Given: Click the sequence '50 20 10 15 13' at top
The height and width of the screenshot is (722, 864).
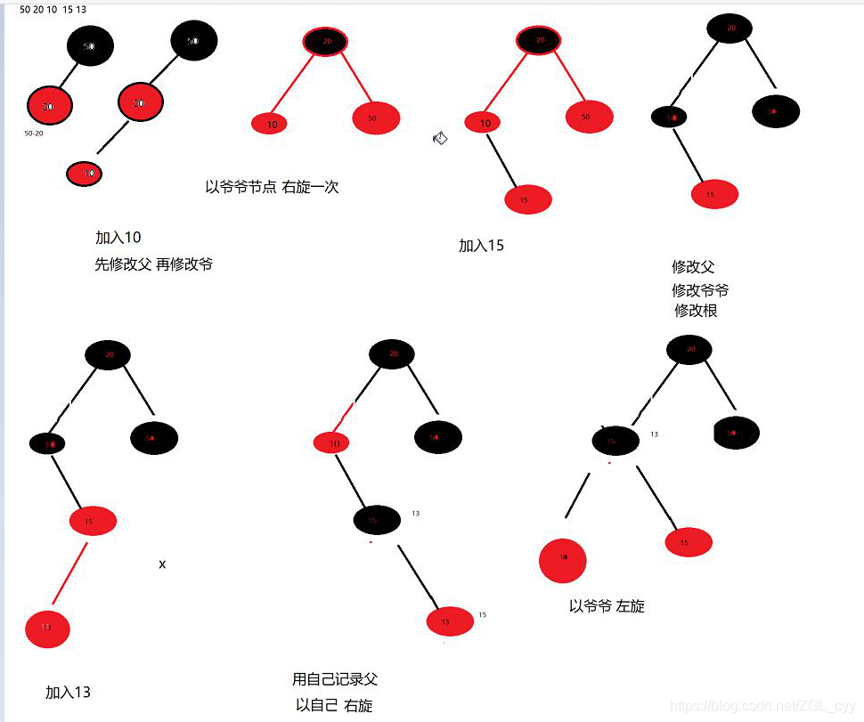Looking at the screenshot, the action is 53,9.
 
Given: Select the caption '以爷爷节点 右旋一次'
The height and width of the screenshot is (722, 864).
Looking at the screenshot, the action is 272,187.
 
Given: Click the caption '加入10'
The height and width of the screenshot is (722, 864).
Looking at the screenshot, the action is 118,238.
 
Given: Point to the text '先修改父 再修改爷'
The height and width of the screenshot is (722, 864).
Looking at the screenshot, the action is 153,264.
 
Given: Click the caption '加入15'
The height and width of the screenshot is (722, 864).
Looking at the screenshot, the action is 481,246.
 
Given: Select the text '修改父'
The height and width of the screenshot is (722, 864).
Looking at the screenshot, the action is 693,267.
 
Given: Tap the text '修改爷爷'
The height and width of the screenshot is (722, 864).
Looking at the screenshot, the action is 700,290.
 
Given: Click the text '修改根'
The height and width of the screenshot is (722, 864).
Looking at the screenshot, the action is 696,311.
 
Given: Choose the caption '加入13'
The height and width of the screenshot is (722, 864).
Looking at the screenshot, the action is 68,692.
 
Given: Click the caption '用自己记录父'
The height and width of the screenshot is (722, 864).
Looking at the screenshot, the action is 335,679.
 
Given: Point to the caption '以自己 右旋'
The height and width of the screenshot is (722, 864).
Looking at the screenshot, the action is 334,705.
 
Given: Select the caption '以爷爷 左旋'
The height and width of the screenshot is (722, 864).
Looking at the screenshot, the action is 607,606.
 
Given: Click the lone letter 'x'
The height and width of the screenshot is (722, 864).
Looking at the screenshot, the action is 162,564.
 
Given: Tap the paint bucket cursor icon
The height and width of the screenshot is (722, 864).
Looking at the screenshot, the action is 440,137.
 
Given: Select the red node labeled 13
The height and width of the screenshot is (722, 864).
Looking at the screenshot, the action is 47,629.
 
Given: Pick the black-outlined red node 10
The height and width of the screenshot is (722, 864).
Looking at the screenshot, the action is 85,174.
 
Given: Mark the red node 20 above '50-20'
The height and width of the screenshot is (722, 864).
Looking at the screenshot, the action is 49,106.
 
